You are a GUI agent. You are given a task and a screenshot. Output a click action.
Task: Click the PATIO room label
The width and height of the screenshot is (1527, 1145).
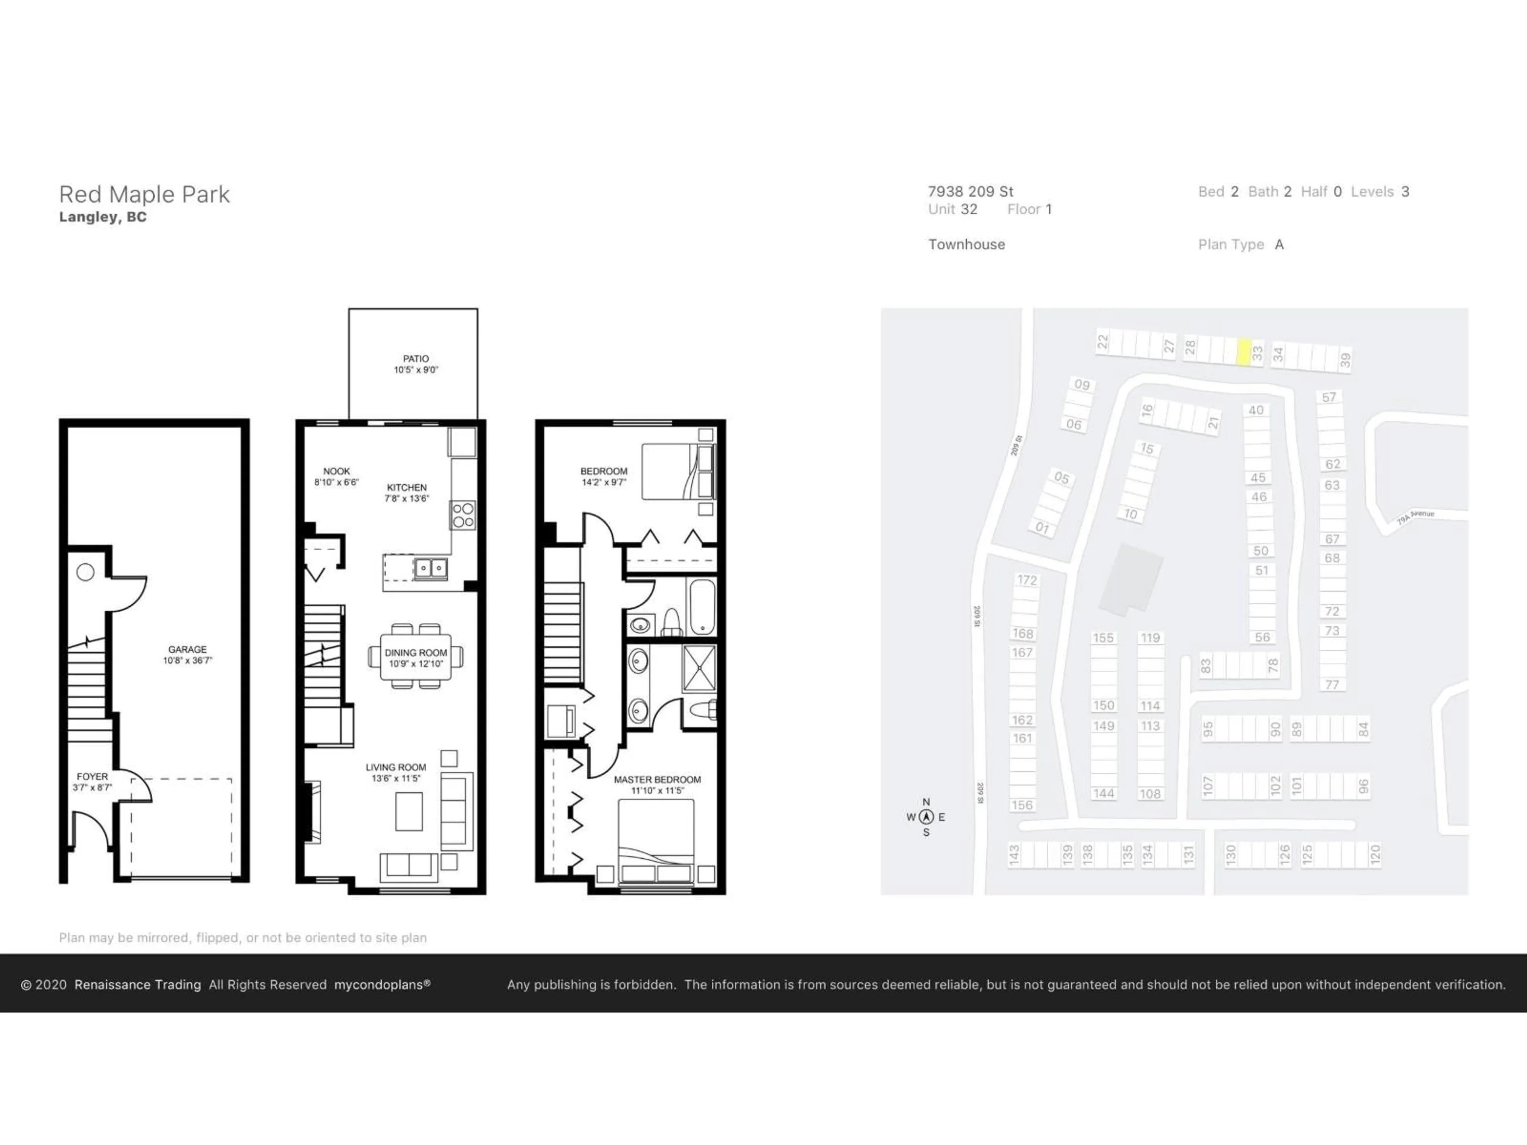click(416, 359)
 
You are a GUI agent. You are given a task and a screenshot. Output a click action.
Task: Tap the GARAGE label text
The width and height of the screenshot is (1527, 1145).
click(187, 650)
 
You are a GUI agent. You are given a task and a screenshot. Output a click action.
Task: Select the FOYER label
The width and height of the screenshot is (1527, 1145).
click(92, 776)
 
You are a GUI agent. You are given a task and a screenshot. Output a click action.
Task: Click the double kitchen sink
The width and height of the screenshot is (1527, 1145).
click(430, 569)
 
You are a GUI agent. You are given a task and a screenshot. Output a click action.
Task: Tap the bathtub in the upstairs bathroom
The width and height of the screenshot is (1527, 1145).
click(701, 607)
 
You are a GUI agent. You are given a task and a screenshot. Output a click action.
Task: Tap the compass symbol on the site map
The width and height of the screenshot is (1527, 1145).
click(926, 817)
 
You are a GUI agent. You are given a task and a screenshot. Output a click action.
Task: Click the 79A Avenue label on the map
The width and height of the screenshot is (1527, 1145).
click(1415, 517)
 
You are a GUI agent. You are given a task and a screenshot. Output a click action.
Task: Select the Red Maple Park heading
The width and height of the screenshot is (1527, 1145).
click(144, 195)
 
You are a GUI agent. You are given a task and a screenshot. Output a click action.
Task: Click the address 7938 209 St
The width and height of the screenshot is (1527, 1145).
click(970, 192)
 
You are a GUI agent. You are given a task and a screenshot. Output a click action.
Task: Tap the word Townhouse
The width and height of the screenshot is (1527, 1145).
click(966, 245)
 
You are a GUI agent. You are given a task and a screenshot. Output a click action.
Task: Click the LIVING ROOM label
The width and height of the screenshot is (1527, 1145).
click(396, 767)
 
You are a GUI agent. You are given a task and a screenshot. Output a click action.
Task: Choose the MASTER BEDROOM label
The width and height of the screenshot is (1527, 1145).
click(657, 780)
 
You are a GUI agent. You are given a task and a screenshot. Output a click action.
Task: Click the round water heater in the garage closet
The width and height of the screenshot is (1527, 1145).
click(85, 572)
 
